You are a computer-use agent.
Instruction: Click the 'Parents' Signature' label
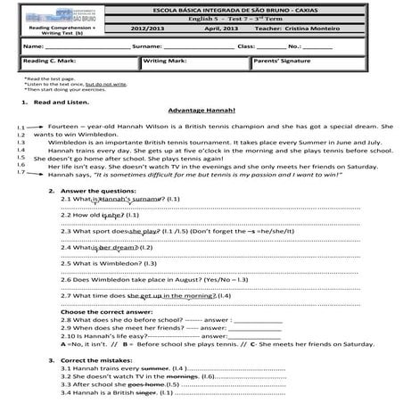281,62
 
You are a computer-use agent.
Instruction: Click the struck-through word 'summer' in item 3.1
155,367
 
